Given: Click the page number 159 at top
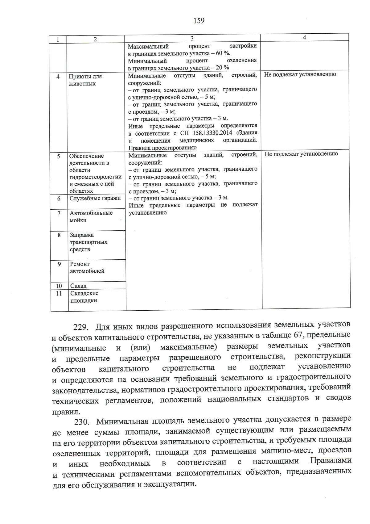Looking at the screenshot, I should click(199, 21).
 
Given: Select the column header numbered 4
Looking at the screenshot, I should click(304, 37).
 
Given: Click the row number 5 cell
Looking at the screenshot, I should click(59, 156).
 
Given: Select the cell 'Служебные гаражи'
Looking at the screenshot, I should click(95, 198).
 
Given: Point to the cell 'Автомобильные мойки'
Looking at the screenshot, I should click(91, 216).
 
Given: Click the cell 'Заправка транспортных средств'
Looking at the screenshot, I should click(88, 242).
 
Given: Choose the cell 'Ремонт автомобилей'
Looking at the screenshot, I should click(87, 267).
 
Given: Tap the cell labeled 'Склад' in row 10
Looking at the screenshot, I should click(78, 286).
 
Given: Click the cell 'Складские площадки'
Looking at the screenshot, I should click(84, 297).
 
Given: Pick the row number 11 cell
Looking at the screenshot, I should click(59, 293).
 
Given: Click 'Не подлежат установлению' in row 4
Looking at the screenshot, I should click(300, 74).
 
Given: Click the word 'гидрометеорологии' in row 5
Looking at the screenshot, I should click(95, 177).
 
